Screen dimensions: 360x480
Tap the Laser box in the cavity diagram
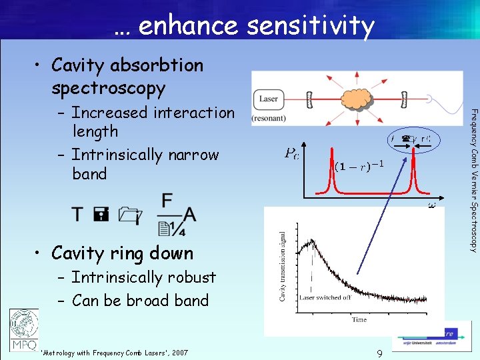point(269,99)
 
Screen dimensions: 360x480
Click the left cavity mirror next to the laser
point(309,100)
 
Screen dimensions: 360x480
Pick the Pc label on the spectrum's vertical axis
point(291,155)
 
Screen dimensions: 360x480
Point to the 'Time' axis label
point(359,319)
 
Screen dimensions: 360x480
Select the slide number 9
point(379,353)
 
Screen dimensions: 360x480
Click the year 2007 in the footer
point(179,353)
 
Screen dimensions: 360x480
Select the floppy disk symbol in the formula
point(101,214)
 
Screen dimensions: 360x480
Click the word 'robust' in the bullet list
point(192,277)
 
